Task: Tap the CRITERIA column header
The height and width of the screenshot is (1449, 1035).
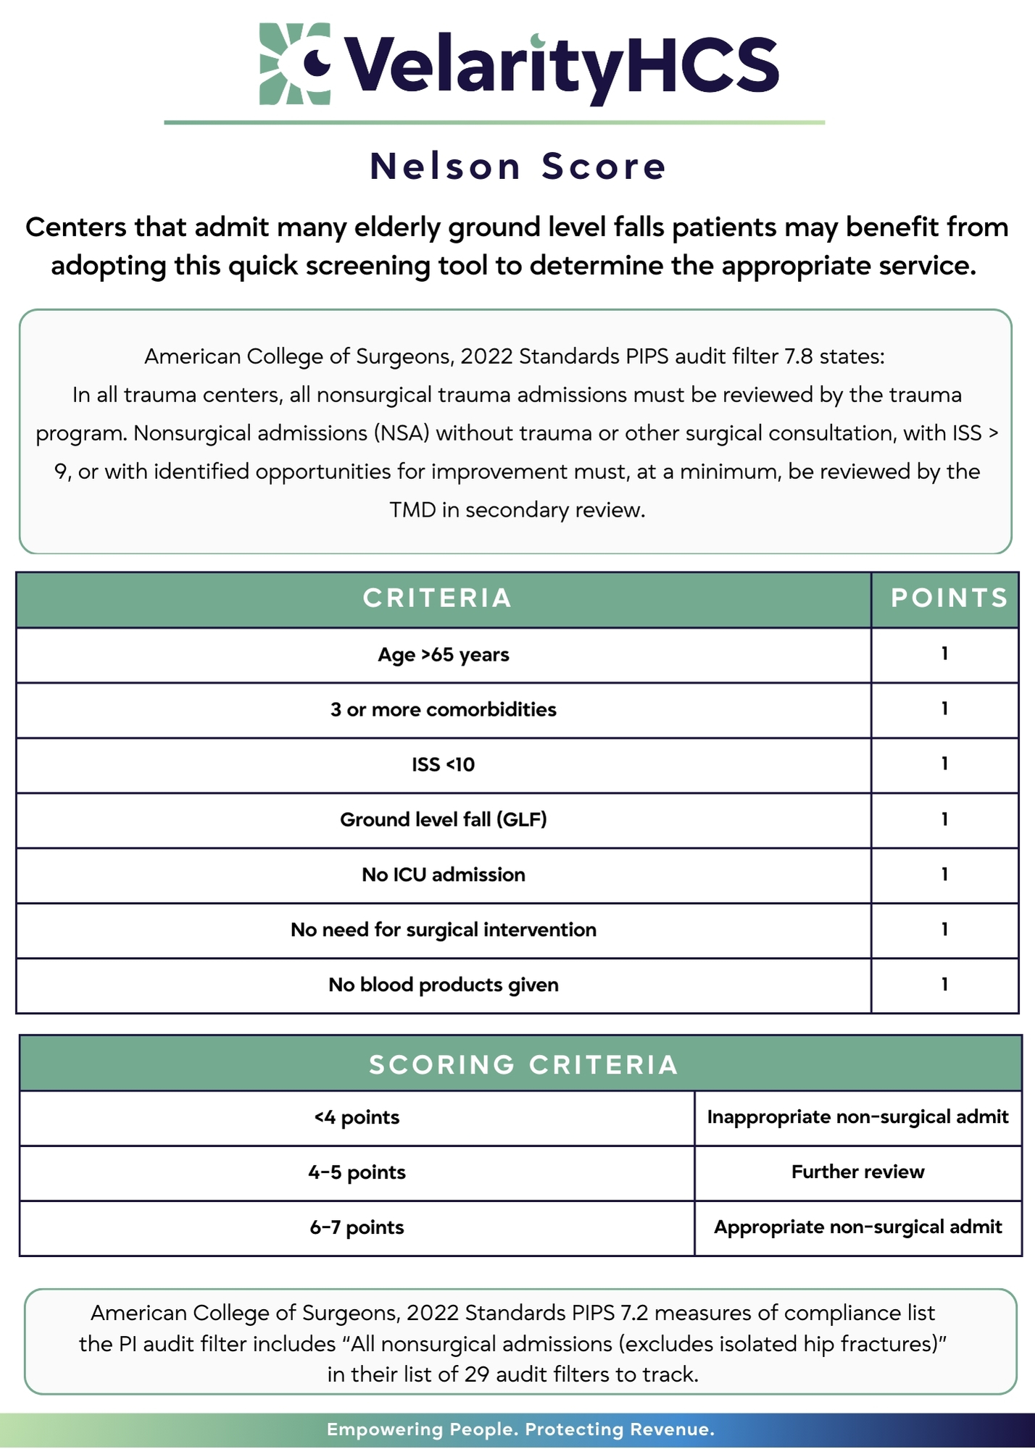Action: click(x=437, y=598)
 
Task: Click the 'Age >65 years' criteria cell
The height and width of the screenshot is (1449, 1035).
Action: click(x=443, y=655)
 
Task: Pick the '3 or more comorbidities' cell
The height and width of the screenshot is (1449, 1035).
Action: click(x=443, y=710)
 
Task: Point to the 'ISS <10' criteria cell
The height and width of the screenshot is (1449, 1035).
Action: click(x=443, y=765)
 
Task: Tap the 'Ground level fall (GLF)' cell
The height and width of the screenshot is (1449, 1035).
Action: click(x=443, y=820)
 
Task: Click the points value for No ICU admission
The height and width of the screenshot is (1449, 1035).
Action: click(x=944, y=875)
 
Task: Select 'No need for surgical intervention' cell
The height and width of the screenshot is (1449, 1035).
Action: click(x=443, y=930)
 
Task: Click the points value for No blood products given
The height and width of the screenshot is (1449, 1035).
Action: click(x=944, y=985)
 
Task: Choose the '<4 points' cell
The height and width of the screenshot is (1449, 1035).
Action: click(x=357, y=1118)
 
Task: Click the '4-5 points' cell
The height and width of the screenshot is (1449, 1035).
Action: click(x=357, y=1173)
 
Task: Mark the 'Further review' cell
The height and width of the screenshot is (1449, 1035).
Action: click(x=857, y=1172)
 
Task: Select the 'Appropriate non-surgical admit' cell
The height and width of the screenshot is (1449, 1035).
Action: click(x=857, y=1227)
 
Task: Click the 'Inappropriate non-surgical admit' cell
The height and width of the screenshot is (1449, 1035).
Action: click(x=857, y=1117)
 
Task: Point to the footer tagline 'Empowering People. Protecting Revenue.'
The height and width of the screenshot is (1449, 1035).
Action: click(x=520, y=1429)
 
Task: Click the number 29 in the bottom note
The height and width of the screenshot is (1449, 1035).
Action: click(x=477, y=1374)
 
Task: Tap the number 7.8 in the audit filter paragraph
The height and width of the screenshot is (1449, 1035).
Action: click(x=799, y=356)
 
